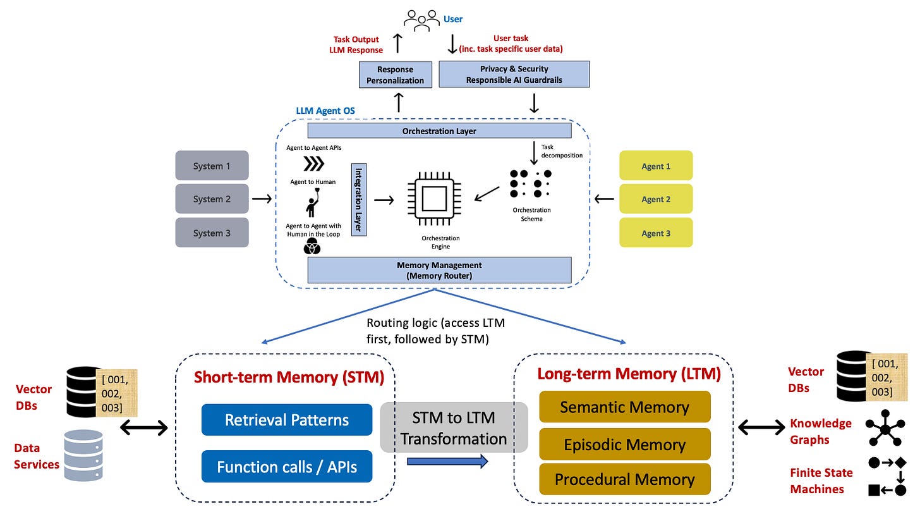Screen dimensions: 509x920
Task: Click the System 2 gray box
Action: (212, 199)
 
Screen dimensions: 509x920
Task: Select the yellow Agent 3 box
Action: (656, 233)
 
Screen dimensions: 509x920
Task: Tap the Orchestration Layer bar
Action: (439, 131)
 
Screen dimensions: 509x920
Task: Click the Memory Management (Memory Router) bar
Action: (439, 270)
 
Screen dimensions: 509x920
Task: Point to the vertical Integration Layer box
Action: (359, 199)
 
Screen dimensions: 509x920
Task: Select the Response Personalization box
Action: (396, 75)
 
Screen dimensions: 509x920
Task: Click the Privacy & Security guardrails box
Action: (515, 74)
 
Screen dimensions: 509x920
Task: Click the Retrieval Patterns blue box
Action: (287, 420)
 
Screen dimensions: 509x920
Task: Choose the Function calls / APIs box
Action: (287, 467)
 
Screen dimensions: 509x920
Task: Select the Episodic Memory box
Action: (624, 445)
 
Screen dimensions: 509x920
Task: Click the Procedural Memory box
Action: (624, 479)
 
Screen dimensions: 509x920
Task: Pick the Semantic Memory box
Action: (624, 407)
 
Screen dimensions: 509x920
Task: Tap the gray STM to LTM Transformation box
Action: (454, 427)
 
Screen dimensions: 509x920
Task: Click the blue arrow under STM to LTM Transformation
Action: (447, 462)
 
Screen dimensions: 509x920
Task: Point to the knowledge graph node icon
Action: (885, 429)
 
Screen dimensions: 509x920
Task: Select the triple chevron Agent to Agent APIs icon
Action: (313, 164)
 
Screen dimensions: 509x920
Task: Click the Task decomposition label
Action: (561, 151)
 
